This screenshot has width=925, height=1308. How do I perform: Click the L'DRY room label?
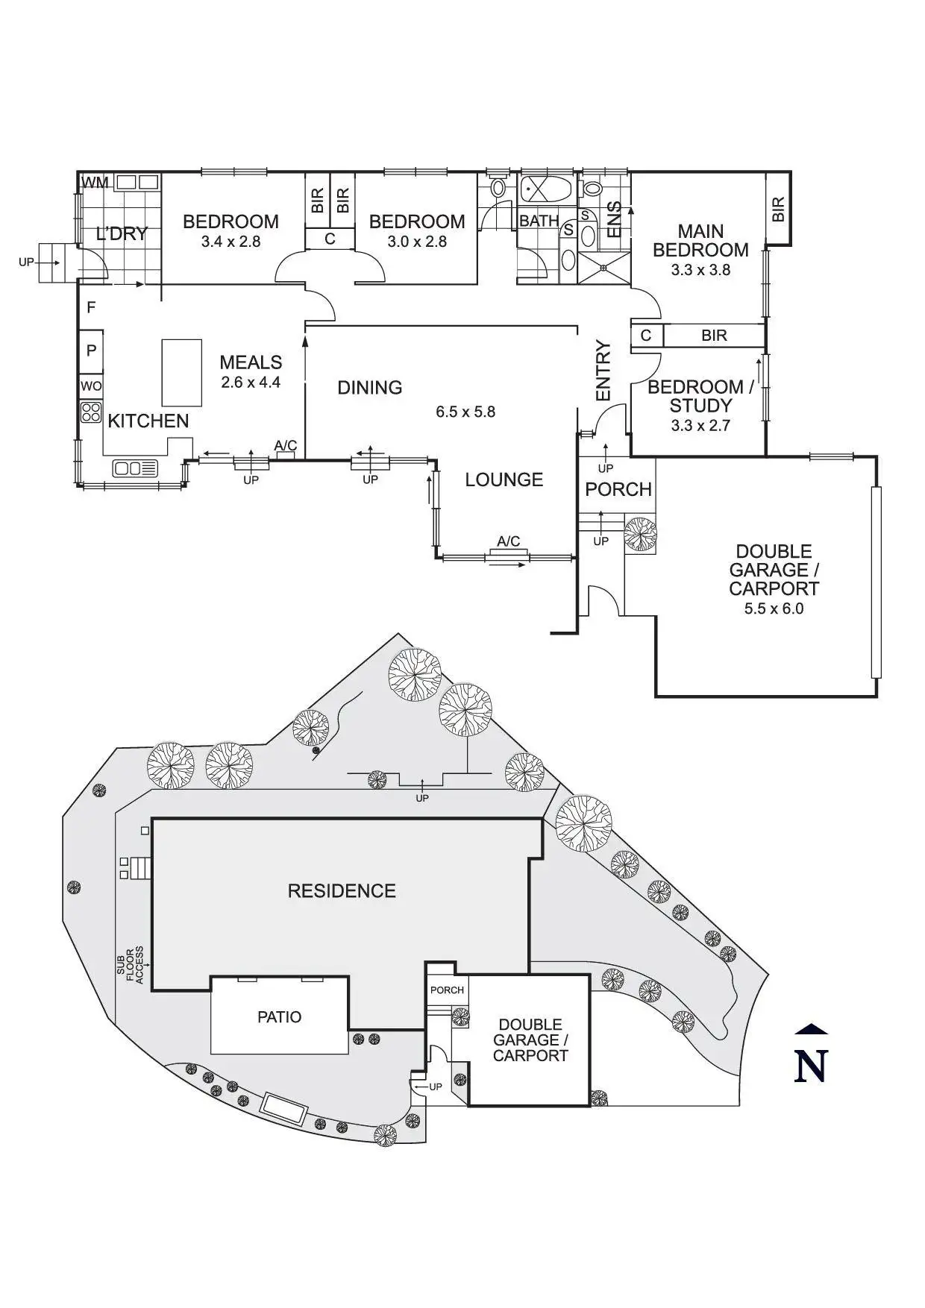point(122,233)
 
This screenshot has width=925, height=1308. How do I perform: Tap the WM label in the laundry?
point(95,183)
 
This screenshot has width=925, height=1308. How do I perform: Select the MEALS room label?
point(251,362)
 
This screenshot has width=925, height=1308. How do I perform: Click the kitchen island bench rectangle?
point(182,373)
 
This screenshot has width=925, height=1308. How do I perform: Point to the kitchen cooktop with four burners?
point(91,412)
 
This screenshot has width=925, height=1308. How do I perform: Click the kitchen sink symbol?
point(135,468)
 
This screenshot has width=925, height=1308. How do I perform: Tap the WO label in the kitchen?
point(91,386)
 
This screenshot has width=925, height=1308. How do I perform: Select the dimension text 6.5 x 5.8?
point(465,412)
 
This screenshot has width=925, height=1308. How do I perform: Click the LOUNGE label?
point(504,480)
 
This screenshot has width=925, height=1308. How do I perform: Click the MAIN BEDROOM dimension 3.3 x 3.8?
point(700,270)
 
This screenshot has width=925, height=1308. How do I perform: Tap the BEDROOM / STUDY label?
point(700,396)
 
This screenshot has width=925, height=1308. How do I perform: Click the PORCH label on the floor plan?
point(618,489)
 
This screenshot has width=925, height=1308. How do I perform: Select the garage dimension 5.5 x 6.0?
point(774,609)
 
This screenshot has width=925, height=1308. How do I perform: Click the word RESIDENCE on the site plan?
point(342,890)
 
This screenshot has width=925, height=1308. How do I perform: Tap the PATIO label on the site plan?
point(280,1017)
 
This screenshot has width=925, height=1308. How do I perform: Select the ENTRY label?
point(603,371)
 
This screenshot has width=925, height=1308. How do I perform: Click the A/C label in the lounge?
point(509,541)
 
